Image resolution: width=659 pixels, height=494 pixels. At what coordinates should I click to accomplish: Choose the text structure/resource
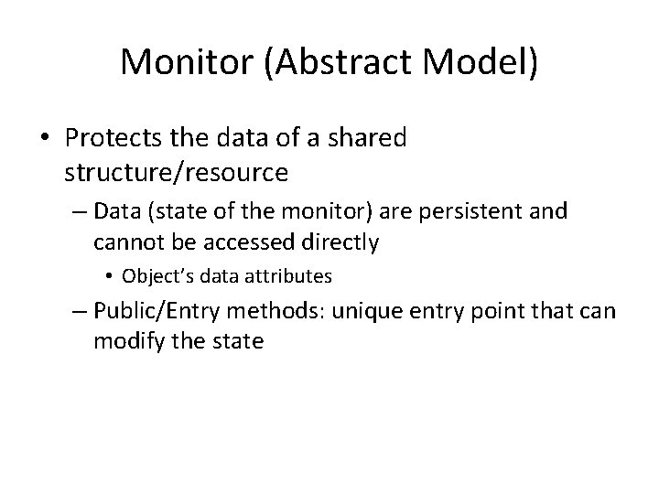[x=164, y=171]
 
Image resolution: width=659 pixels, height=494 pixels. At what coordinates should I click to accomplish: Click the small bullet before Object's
[x=109, y=275]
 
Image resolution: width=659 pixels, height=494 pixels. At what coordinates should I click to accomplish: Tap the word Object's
[x=154, y=275]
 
